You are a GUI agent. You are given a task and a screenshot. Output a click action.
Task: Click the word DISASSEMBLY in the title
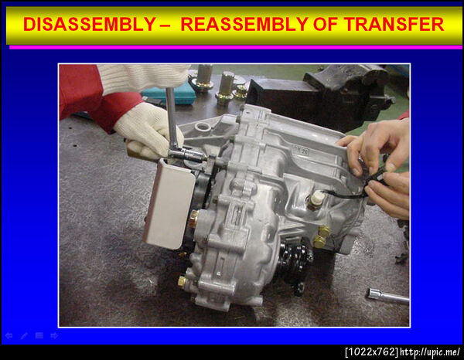point(90,24)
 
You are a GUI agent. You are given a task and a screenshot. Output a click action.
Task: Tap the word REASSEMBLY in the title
point(244,24)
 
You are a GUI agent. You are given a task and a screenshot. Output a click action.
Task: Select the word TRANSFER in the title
point(394,24)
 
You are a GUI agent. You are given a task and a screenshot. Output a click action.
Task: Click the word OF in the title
point(326,24)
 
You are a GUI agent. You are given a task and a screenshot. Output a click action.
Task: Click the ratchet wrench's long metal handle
point(171,117)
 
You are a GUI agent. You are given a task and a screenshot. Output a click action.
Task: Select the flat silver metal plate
point(169,203)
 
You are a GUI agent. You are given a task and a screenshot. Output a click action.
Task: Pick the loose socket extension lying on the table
point(387,296)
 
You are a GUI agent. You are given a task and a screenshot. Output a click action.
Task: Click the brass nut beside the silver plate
point(194,219)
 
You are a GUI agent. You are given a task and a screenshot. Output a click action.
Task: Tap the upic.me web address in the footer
point(430,352)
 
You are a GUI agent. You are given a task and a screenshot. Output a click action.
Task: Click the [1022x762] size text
point(372,352)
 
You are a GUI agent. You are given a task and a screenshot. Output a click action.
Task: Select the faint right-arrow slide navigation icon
point(54,335)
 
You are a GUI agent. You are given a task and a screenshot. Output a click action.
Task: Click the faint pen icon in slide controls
point(24,335)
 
